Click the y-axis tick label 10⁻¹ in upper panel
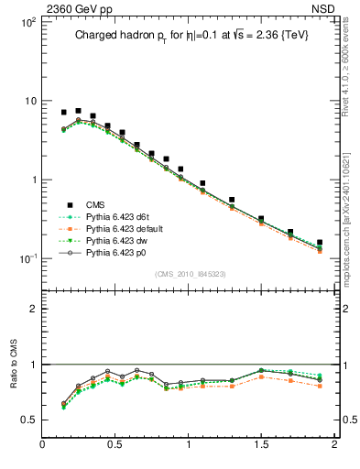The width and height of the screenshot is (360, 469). pos(27,258)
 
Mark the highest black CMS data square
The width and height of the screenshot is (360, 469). pos(78,111)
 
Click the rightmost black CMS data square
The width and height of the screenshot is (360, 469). pos(320,243)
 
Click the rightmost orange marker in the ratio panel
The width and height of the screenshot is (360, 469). pos(320,386)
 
